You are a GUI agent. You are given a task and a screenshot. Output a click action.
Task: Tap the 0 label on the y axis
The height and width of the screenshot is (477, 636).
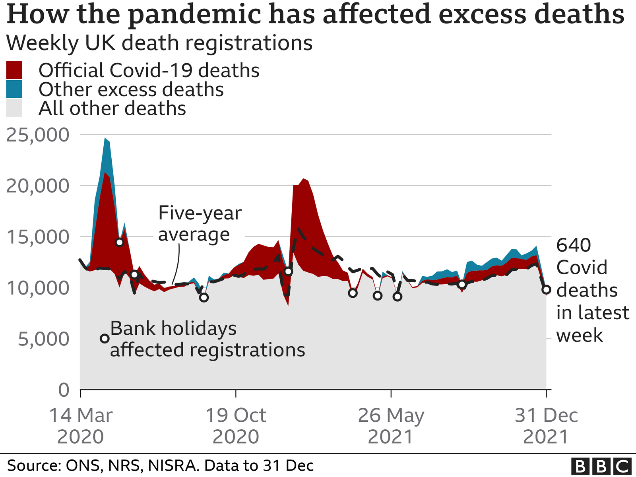pos(64,390)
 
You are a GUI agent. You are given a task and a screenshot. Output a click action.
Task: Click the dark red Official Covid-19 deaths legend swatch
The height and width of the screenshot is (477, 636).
pos(14,70)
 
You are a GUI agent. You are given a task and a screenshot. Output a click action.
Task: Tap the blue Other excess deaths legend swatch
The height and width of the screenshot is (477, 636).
pos(14,89)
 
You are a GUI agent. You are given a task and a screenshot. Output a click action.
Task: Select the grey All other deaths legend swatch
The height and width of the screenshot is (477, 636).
pos(14,109)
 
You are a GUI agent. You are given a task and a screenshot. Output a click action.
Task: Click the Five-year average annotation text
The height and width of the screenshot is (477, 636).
pos(200,224)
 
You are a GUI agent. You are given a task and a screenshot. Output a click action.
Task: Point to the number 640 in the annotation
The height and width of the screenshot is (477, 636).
pos(574,245)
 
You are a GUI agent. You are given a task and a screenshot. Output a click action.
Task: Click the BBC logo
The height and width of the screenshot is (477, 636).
pos(601,465)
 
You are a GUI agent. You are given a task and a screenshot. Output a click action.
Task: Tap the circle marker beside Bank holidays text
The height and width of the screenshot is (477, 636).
pos(105,339)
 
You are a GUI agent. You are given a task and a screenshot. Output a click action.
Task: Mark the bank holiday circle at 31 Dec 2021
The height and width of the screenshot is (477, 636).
pos(547,289)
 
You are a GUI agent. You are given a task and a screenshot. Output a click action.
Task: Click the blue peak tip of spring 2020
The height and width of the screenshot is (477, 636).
pos(105,139)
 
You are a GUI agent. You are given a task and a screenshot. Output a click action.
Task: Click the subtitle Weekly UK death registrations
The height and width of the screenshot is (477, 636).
pos(159,43)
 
